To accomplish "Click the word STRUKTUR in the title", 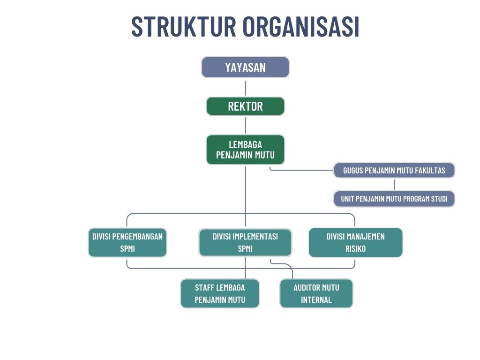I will (x=183, y=27).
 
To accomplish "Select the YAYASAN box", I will (x=245, y=67).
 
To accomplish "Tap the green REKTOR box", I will (x=245, y=106).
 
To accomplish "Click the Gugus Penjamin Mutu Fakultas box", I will (x=394, y=170).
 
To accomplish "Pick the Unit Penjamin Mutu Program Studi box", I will (x=394, y=199).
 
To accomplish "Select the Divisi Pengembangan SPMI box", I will (x=127, y=242).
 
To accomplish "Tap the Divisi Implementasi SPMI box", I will (x=245, y=242).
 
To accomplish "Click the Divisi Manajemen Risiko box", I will (x=355, y=242).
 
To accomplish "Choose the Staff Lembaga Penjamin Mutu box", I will (x=220, y=293).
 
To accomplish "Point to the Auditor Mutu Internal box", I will (x=316, y=293).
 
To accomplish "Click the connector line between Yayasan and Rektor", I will (x=245, y=87).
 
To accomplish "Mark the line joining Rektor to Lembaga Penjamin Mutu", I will (x=245, y=125).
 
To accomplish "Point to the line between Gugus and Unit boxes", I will (x=394, y=184).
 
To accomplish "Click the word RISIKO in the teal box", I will (x=355, y=249).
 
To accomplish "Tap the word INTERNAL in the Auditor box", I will (x=316, y=300).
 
